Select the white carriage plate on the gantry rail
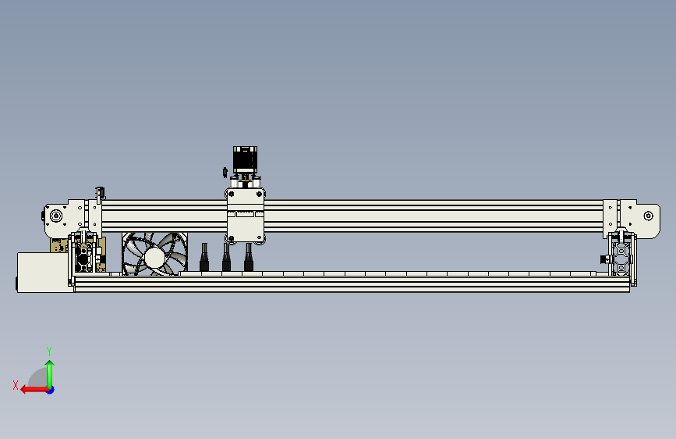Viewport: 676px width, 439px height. click(x=246, y=216)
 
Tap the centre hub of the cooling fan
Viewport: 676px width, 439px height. click(x=154, y=255)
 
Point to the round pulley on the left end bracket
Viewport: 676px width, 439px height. click(x=55, y=216)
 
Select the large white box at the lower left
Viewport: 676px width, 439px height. click(x=44, y=272)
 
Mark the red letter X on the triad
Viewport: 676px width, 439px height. click(x=15, y=384)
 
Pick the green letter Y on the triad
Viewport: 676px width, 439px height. click(x=49, y=351)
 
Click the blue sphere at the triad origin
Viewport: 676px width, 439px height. click(x=49, y=388)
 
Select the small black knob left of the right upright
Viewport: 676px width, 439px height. click(x=602, y=259)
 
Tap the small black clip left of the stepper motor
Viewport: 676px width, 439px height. click(x=225, y=171)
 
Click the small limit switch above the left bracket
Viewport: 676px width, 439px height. click(x=99, y=192)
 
